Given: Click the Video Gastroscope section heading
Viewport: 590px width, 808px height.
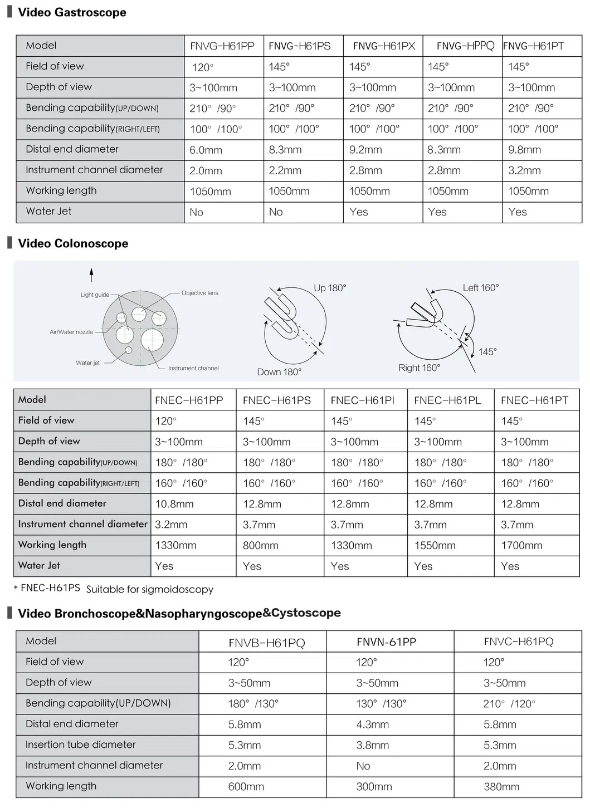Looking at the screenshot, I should [x=72, y=12].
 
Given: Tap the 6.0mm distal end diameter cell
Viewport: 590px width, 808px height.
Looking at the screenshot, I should [x=206, y=150].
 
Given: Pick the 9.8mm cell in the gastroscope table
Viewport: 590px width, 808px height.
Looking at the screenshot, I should [x=524, y=150].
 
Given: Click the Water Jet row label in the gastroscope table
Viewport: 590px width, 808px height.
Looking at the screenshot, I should [x=48, y=211].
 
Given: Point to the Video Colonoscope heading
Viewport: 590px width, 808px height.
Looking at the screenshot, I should [x=73, y=243].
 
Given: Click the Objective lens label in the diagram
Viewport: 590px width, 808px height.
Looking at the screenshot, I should [x=199, y=293].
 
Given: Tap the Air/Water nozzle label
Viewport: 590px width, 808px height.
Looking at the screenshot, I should [x=71, y=332].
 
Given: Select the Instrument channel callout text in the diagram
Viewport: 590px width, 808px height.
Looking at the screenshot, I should [x=193, y=368].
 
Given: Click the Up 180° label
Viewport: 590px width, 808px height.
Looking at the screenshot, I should [x=330, y=288].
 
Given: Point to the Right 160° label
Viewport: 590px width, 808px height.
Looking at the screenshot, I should [x=419, y=368].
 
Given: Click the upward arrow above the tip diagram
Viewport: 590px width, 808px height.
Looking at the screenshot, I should [x=91, y=275].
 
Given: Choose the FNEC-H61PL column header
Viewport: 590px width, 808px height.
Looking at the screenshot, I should [x=447, y=400].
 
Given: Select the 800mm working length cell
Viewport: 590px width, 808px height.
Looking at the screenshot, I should [x=260, y=546].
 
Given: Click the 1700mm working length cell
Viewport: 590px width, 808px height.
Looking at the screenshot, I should [x=521, y=546].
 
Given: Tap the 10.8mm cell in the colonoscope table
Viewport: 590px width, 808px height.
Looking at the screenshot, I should [x=174, y=504].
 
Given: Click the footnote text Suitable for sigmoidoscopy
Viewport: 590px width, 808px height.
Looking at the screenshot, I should [x=150, y=589].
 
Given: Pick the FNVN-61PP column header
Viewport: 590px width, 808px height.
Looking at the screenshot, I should [x=386, y=642].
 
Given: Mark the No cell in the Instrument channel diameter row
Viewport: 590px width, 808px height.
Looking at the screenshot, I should [x=363, y=766].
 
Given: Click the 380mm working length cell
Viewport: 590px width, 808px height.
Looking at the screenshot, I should [x=501, y=787].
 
